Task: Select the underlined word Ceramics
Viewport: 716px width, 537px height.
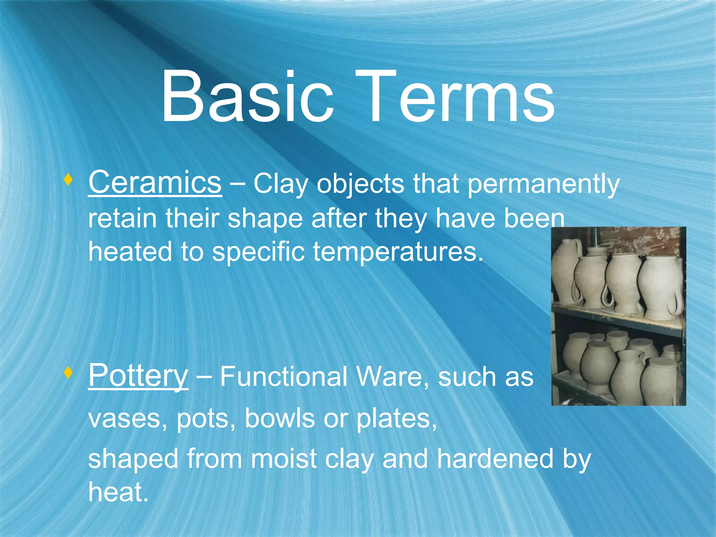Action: (x=155, y=182)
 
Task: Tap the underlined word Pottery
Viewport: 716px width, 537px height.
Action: (x=138, y=376)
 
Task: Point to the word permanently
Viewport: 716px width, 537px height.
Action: (x=543, y=184)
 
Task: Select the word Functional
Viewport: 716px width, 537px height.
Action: (x=284, y=377)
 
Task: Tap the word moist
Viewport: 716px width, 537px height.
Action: (x=284, y=459)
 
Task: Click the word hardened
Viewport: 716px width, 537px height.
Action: (x=495, y=459)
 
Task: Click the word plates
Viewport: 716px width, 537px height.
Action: (x=396, y=418)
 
